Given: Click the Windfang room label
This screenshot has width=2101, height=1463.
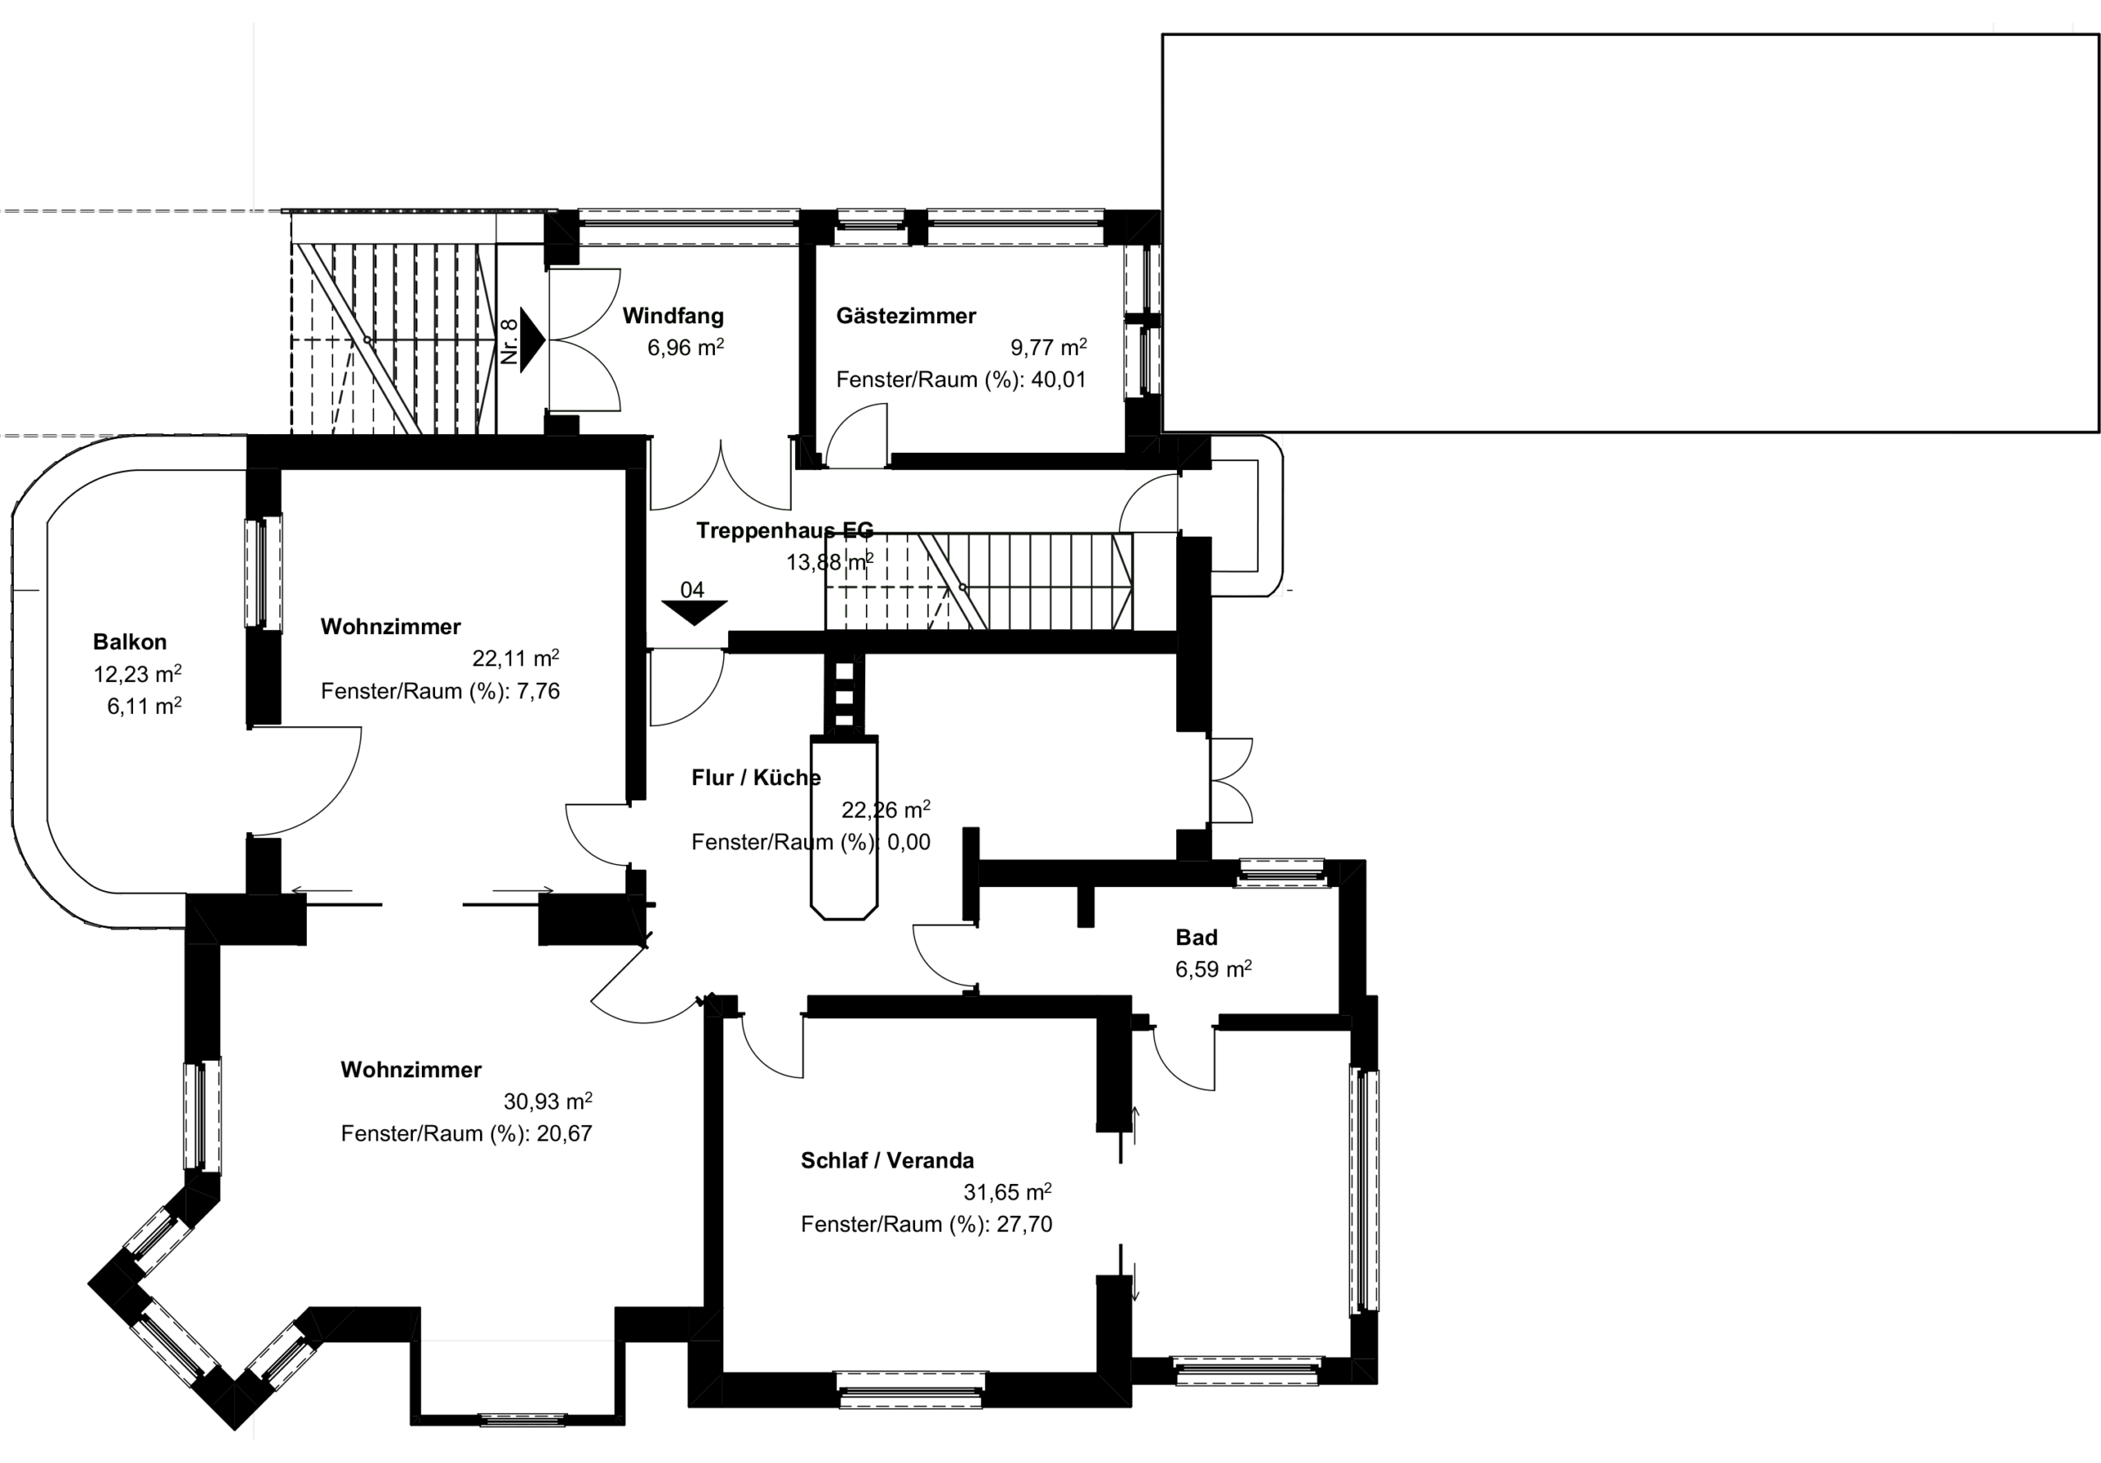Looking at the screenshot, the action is pos(673,317).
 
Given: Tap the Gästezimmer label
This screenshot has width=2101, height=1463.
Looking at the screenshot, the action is pos(906,317).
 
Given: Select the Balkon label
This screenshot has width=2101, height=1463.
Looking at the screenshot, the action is pos(130,642).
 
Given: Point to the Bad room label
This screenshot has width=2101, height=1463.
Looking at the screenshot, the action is pos(1196,938).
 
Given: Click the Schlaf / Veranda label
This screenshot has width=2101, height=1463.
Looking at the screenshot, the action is pos(886,1161).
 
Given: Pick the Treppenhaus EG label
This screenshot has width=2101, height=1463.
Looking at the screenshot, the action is pos(785,531).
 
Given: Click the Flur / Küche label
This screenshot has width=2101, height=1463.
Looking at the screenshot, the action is pos(756,778).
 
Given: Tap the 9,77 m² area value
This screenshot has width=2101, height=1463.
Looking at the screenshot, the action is pos(1049,348).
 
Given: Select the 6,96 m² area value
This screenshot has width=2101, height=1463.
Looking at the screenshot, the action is pos(685,348).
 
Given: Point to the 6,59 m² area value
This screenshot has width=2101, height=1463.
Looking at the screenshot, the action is pos(1213,969).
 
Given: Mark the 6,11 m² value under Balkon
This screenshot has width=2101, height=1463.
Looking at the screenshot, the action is pos(144,706).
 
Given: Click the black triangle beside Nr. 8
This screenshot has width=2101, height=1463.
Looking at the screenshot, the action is pos(533,340).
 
